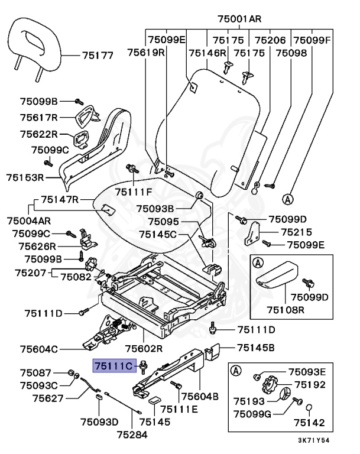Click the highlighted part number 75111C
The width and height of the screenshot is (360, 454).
(115, 367)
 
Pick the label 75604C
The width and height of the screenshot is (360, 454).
(38, 349)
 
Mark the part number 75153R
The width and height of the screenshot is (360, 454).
(25, 177)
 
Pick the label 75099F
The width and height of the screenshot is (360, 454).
(313, 40)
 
